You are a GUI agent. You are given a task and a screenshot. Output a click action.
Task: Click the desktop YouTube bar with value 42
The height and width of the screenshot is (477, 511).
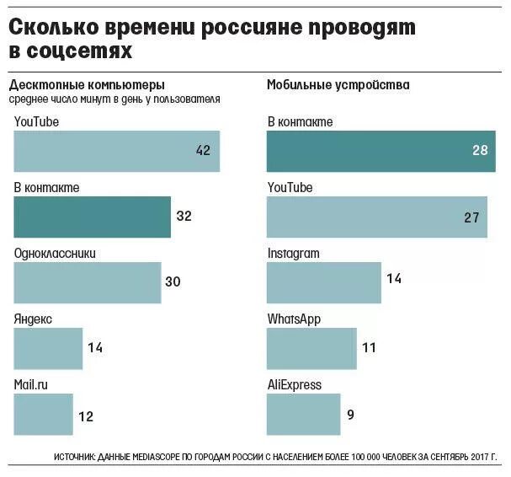(116, 152)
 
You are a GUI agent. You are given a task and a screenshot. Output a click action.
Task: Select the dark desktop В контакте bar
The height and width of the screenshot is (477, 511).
(93, 217)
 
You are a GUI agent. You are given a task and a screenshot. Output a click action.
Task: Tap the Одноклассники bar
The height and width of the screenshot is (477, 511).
(88, 282)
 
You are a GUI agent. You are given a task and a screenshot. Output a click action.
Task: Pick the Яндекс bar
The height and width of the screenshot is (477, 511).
(48, 347)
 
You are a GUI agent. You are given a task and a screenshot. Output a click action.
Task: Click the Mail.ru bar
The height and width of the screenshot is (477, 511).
(43, 414)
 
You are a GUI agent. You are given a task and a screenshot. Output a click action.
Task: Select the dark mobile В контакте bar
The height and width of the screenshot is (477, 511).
(376, 152)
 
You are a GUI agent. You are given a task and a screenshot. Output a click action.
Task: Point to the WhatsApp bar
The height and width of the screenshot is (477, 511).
(311, 347)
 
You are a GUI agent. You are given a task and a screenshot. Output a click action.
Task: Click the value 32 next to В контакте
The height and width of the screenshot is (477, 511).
(184, 217)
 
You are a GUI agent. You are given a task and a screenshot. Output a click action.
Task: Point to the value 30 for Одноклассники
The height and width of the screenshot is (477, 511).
(173, 282)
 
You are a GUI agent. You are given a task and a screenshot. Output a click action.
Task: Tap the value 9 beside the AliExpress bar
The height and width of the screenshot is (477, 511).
(351, 414)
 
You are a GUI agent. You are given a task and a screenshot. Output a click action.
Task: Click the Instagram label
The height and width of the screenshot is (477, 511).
(293, 254)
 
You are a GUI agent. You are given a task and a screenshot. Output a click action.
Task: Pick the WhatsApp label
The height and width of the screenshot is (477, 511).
(294, 319)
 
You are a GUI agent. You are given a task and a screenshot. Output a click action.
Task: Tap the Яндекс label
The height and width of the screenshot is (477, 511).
(34, 319)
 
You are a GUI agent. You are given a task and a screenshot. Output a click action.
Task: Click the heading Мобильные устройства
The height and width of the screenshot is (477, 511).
(338, 85)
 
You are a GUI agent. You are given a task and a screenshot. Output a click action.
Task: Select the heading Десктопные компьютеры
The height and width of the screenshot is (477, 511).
(87, 85)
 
